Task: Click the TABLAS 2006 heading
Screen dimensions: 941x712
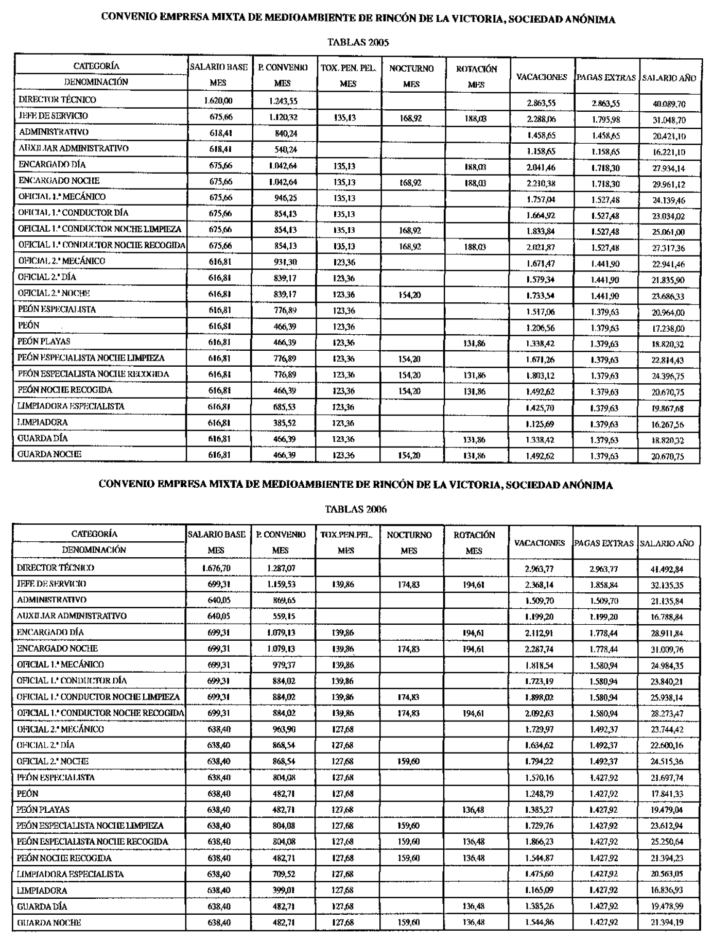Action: point(356,509)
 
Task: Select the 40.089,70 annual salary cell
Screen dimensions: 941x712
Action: point(669,104)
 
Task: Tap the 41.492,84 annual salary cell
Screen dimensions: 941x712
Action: point(667,570)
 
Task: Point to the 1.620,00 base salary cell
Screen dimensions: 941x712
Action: point(218,101)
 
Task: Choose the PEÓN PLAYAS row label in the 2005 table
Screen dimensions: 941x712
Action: point(44,341)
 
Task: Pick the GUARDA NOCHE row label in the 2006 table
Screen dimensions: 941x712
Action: point(49,923)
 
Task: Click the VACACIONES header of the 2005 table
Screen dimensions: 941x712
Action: point(542,77)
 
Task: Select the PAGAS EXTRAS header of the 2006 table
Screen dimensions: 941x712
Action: point(604,543)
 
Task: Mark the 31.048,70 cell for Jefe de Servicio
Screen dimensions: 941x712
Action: point(669,120)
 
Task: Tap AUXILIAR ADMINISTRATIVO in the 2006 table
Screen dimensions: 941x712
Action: point(72,616)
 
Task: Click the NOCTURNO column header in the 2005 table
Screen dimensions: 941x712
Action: point(411,69)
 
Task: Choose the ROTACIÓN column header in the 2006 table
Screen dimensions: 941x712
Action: point(474,535)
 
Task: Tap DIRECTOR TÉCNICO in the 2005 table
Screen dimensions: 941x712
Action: point(57,100)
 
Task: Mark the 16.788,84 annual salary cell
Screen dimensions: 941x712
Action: point(667,617)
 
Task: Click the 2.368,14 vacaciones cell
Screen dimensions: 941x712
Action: point(540,585)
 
